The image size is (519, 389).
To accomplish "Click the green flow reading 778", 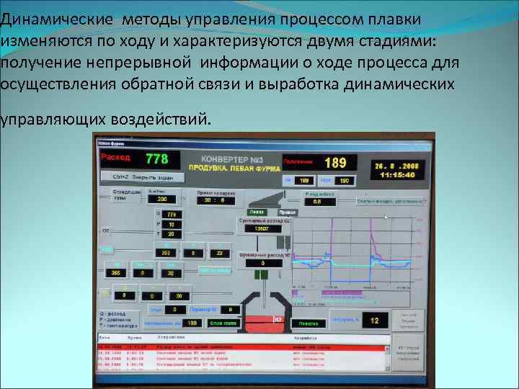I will [x=156, y=158].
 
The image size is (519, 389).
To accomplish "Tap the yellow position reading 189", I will [x=335, y=163].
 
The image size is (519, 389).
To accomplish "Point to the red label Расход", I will [x=115, y=156].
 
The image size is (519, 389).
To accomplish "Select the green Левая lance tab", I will [x=257, y=213].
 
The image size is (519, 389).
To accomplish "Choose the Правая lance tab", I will [x=287, y=213].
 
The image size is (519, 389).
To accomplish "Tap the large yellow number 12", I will [x=374, y=320].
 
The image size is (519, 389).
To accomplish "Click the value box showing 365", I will [x=116, y=273].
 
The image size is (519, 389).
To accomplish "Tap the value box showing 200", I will [x=161, y=199].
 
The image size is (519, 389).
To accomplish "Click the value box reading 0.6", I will [x=317, y=202].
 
